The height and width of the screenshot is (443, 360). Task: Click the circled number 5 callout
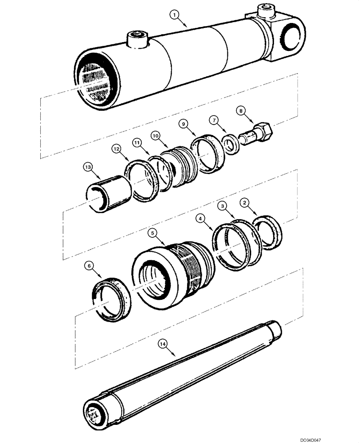click(x=152, y=232)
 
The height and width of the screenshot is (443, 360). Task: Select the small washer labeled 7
click(x=230, y=144)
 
